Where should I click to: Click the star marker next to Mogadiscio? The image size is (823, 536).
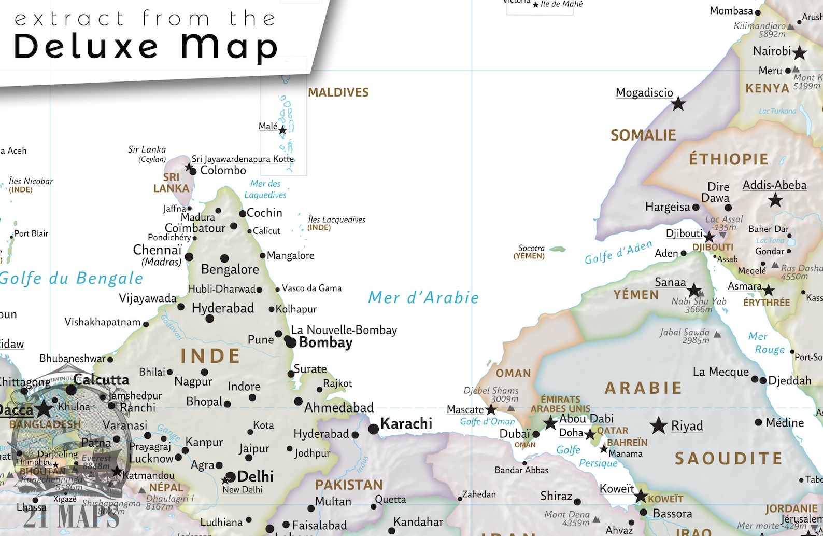tap(678, 104)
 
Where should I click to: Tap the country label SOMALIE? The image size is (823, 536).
tap(643, 135)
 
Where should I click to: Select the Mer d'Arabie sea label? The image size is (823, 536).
tap(423, 298)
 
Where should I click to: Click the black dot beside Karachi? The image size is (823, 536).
tap(374, 429)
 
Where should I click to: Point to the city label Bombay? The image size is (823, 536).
tap(325, 342)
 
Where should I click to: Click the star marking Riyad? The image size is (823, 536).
tap(659, 425)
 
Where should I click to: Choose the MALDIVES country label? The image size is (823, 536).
tap(338, 92)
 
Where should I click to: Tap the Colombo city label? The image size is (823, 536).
tap(223, 170)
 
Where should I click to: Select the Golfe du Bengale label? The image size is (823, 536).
tap(72, 279)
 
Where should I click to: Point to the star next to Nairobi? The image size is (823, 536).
tap(800, 52)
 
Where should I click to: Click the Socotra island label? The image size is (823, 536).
tap(531, 248)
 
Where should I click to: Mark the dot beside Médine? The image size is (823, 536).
tap(758, 422)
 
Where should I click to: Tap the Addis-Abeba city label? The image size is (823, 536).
tap(774, 185)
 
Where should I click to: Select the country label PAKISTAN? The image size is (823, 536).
tap(349, 485)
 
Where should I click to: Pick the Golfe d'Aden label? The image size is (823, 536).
tap(618, 253)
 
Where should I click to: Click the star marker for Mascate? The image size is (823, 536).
tap(491, 410)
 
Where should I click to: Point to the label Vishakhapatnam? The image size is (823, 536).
tap(102, 322)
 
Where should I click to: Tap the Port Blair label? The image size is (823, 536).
tap(31, 233)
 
